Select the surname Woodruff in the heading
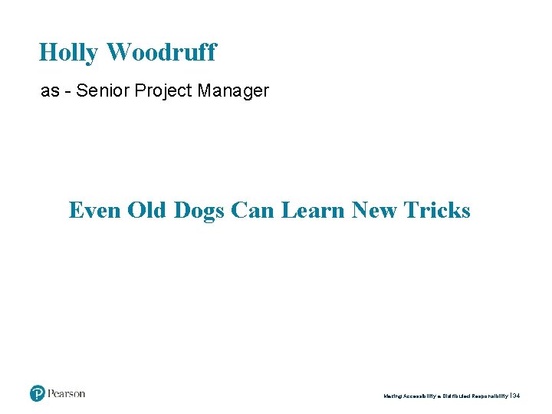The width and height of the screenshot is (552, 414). click(161, 53)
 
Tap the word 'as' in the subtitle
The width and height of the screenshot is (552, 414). click(50, 91)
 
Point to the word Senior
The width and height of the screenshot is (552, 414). click(105, 91)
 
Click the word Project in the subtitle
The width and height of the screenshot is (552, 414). click(163, 91)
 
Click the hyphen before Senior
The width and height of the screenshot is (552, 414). click(69, 91)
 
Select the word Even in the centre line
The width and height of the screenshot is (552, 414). click(95, 210)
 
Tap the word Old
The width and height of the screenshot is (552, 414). click(146, 210)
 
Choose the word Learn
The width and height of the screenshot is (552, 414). click(313, 210)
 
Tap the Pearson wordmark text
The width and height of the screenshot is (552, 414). click(67, 394)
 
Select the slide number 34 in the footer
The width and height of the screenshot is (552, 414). click(516, 396)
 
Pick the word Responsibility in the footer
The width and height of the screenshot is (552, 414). click(493, 396)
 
